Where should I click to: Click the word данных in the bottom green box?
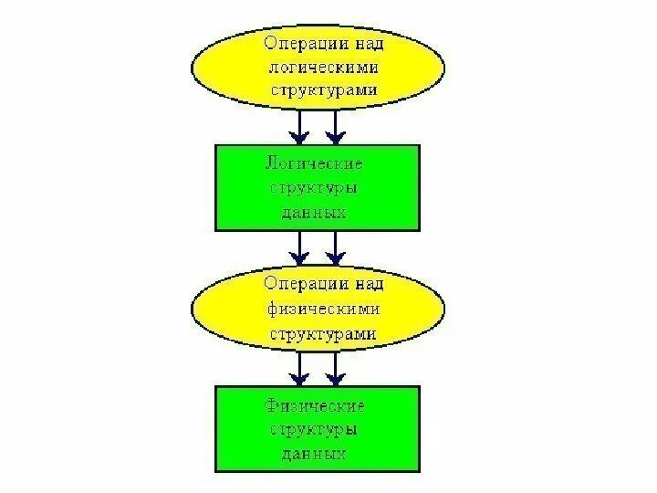coord(316,453)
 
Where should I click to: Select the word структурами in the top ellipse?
coord(322,91)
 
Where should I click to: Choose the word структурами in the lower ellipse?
coord(322,334)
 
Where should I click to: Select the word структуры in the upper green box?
coord(315,188)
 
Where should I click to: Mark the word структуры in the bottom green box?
coord(315,429)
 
